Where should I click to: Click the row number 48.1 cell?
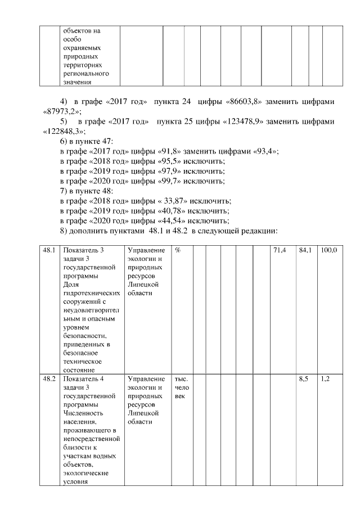(x=49, y=250)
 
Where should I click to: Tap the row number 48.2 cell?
(x=49, y=379)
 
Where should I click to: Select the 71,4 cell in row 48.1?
(x=279, y=250)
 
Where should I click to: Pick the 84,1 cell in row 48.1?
(x=304, y=250)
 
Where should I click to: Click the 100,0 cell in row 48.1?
(x=328, y=250)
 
